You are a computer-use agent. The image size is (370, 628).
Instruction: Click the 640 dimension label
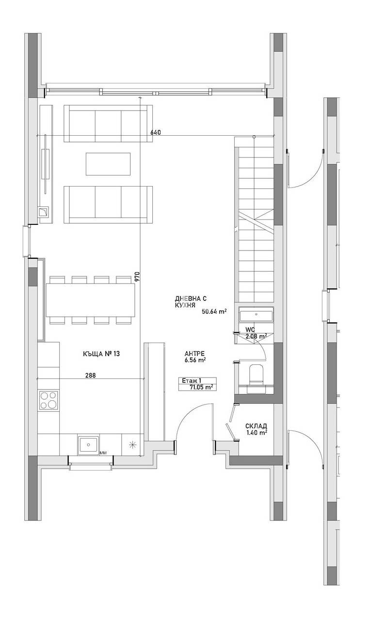click(x=155, y=132)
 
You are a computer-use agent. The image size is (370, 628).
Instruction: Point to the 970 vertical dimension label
click(x=137, y=276)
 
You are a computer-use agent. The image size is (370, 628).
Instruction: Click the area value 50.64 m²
click(x=214, y=312)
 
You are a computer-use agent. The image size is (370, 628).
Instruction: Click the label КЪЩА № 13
click(x=101, y=354)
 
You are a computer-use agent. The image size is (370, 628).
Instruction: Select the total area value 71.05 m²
click(x=203, y=387)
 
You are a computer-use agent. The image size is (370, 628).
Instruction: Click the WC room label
click(x=250, y=329)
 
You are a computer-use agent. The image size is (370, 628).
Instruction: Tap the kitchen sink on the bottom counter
click(x=88, y=444)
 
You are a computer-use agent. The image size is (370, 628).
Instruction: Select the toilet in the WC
click(x=255, y=376)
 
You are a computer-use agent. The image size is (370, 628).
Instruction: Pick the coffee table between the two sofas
click(x=108, y=164)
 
